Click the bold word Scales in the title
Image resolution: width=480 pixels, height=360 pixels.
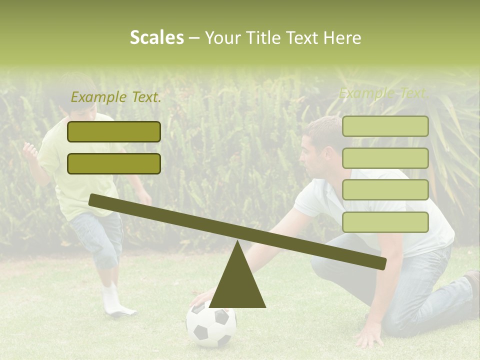(156, 38)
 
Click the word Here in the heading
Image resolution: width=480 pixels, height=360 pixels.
(343, 38)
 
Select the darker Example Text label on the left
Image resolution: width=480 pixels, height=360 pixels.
(116, 97)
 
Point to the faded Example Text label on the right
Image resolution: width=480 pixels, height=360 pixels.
(384, 93)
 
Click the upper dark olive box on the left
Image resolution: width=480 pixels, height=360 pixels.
(114, 131)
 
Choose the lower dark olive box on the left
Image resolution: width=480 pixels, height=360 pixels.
(114, 163)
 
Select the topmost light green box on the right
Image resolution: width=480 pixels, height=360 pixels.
(385, 126)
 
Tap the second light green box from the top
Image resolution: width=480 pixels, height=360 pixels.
(385, 158)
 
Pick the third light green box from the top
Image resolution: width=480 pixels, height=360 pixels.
(385, 189)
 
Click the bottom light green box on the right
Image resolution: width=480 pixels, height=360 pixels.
(385, 222)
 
